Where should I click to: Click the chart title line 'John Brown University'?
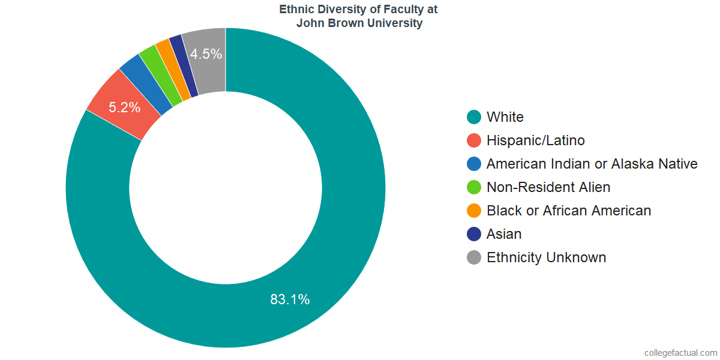coord(359,23)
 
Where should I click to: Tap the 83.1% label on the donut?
coord(290,299)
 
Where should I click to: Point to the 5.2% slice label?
coord(124,108)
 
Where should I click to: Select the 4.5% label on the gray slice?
coord(206,54)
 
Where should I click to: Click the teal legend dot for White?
coord(474,117)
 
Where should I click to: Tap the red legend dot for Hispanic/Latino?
coord(474,140)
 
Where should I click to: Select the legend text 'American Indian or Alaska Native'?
coord(592,164)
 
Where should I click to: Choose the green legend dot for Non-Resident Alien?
coord(474,187)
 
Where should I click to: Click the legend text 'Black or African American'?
coord(568,211)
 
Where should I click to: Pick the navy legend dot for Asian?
coord(474,234)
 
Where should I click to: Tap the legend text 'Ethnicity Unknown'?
coord(546,257)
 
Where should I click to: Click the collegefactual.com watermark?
coord(680,353)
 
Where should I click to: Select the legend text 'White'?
coord(505,117)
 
